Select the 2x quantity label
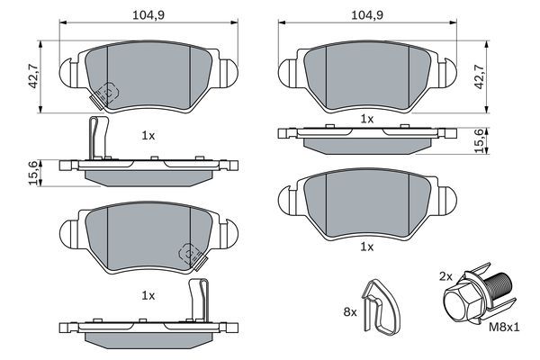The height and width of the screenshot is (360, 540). coord(445,274)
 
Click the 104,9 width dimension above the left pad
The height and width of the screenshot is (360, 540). coord(141,15)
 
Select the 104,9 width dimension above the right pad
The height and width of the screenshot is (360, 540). coord(362,15)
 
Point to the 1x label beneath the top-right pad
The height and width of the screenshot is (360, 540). coord(366,119)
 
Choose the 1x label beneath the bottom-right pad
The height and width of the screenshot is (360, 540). coord(366,246)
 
